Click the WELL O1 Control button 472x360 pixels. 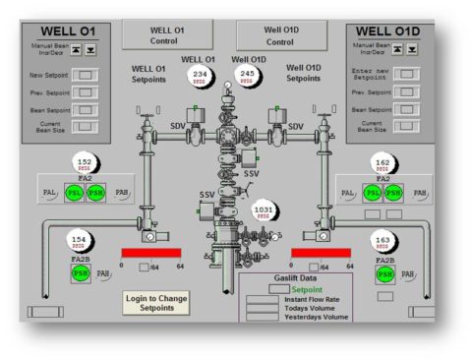pos(166,35)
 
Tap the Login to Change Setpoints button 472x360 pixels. pos(156,304)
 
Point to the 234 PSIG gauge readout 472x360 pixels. pos(201,76)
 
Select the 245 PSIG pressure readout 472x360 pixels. pos(248,76)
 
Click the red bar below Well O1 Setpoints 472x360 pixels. pos(152,253)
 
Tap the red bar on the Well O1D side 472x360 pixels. pos(321,253)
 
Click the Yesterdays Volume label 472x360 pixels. pos(316,317)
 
